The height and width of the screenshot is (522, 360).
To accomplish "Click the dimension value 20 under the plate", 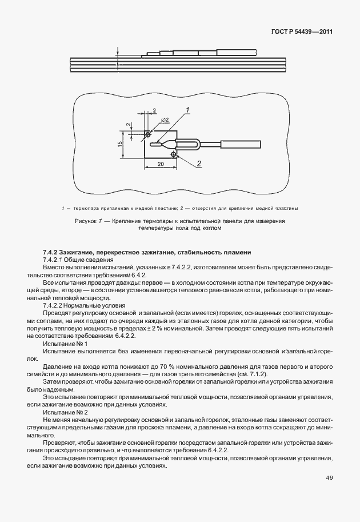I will pos(161,164).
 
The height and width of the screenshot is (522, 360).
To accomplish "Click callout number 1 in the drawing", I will pos(187,109).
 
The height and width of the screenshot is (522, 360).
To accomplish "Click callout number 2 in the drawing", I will pos(199,164).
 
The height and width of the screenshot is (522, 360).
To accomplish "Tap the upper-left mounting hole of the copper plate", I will pos(148,134).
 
